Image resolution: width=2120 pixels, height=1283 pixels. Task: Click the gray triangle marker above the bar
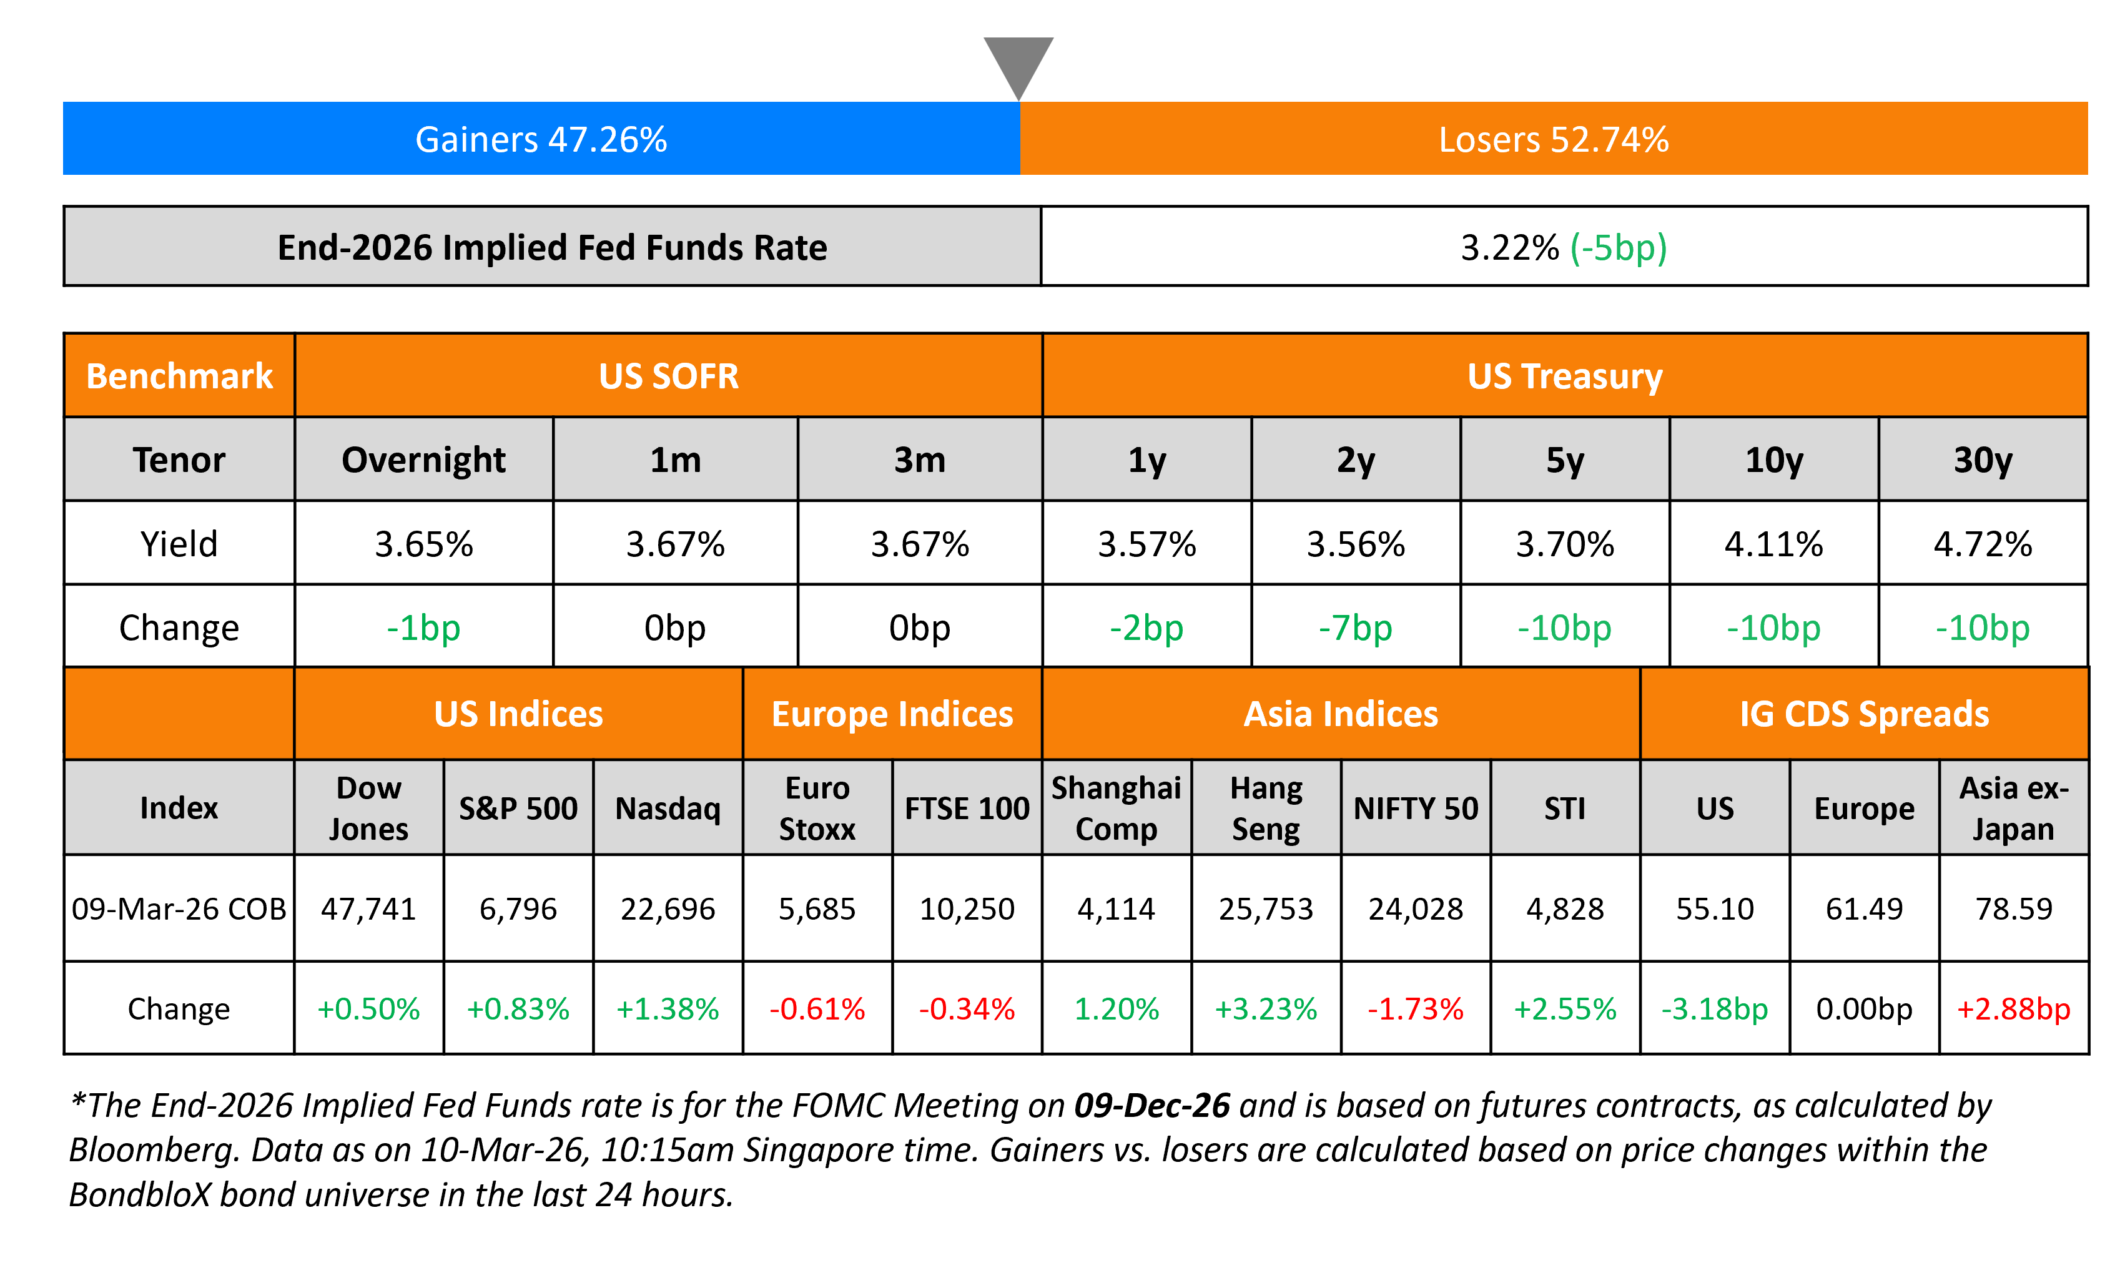pos(1018,62)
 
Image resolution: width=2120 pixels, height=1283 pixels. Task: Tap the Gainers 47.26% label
pos(541,139)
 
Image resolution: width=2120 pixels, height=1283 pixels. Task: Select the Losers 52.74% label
pos(1553,139)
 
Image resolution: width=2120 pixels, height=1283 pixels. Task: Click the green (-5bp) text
pos(1619,248)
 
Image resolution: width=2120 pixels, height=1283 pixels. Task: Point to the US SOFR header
pos(669,376)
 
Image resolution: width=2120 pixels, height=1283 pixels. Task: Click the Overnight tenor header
pos(423,460)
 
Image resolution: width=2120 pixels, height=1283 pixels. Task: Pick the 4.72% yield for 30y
pos(1983,544)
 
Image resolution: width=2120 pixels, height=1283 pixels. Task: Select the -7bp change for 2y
pos(1355,627)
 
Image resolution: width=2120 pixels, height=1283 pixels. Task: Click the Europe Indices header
pos(892,714)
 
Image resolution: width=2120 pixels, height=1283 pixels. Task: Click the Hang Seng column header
pos(1266,808)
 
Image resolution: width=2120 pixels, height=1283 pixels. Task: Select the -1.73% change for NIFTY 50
pos(1416,1008)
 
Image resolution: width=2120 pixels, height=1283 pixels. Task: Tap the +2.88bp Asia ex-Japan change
pos(2013,1008)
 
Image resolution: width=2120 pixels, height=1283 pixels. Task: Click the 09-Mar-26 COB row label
pos(179,908)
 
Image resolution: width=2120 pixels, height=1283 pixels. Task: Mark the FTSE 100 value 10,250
pos(967,908)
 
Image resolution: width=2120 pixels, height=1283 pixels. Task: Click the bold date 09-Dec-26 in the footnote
pos(1152,1106)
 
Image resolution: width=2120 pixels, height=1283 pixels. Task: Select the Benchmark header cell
pos(179,376)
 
